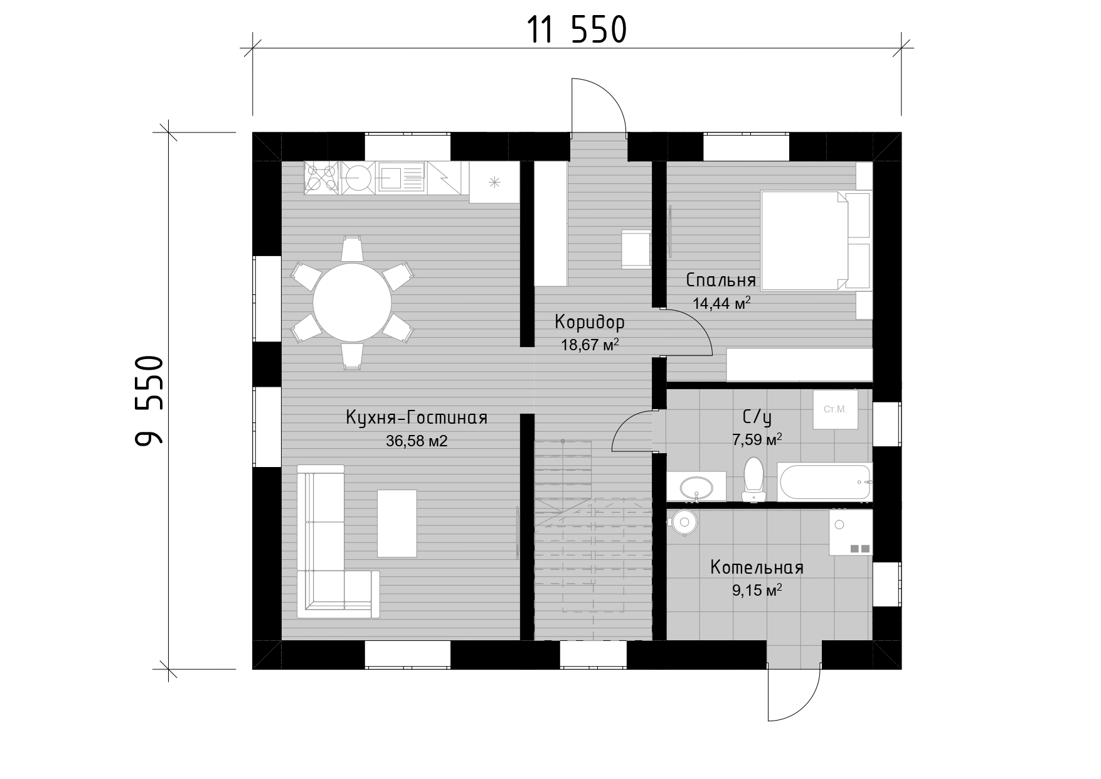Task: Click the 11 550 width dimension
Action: click(x=577, y=30)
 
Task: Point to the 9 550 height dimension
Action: click(x=149, y=401)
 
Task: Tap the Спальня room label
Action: click(x=721, y=279)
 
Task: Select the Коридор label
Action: click(x=590, y=322)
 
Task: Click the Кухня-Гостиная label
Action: click(x=417, y=417)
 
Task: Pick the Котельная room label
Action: click(x=757, y=567)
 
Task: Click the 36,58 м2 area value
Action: click(x=417, y=441)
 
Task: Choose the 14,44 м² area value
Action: click(x=721, y=303)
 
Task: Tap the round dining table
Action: click(x=352, y=303)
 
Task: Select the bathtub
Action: click(x=824, y=482)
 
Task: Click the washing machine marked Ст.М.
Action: click(x=835, y=409)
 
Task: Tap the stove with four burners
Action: click(x=322, y=178)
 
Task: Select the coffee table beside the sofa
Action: click(x=396, y=524)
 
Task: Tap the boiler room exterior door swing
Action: click(x=797, y=697)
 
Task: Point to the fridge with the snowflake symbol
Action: click(x=494, y=182)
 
